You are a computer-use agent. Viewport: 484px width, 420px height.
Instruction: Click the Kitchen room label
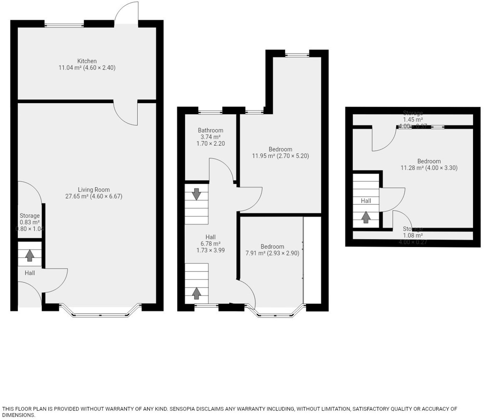87,61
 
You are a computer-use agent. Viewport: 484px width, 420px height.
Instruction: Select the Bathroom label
210,130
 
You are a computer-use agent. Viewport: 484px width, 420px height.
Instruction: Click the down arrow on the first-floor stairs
196,194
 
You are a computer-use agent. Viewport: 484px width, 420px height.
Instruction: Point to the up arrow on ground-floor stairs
30,255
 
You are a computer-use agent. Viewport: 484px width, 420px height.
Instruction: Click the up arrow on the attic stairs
366,217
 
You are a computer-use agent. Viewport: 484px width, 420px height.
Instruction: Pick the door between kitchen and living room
125,113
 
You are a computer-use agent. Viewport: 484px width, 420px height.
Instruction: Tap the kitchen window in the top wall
64,25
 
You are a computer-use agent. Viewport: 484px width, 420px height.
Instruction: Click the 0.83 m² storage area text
30,222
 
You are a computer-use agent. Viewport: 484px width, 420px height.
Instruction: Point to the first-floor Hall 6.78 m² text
210,244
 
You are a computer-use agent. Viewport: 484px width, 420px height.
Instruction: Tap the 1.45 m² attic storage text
413,120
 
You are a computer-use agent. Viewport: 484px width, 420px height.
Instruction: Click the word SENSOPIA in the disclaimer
182,409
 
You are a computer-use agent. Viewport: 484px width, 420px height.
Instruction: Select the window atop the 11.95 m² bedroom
297,55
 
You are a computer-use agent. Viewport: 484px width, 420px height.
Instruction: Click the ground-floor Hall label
30,273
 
